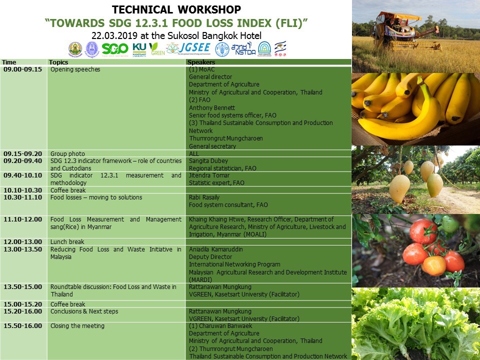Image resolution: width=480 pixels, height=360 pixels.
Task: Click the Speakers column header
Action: [x=201, y=62]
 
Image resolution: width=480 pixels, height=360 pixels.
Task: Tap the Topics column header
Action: [x=58, y=62]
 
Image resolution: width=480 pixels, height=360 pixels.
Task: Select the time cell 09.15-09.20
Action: [x=22, y=153]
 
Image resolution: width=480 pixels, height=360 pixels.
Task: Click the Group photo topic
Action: [x=67, y=153]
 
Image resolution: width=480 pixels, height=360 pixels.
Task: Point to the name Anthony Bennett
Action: [x=212, y=108]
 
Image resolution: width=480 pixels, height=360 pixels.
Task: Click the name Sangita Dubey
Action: [x=208, y=160]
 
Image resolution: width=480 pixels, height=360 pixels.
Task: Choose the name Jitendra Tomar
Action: [x=209, y=175]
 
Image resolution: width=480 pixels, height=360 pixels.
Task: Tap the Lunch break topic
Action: [x=67, y=242]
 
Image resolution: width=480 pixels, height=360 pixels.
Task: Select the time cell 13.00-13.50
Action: [x=22, y=249]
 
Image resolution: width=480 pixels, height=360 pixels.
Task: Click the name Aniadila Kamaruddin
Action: [x=216, y=249]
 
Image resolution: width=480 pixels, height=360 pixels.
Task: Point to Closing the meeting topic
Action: [x=77, y=325]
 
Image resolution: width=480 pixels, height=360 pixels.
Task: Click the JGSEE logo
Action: [x=188, y=48]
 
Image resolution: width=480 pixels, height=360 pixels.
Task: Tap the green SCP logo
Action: [x=115, y=49]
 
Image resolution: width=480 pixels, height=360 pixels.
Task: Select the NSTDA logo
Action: [x=243, y=49]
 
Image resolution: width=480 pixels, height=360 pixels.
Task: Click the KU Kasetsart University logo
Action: [x=139, y=49]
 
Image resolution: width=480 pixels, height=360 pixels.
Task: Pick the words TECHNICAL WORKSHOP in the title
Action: [x=176, y=9]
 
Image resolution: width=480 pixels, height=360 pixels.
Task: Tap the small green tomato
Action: [x=450, y=224]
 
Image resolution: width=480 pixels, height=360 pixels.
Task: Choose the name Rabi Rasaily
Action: [x=204, y=197]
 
